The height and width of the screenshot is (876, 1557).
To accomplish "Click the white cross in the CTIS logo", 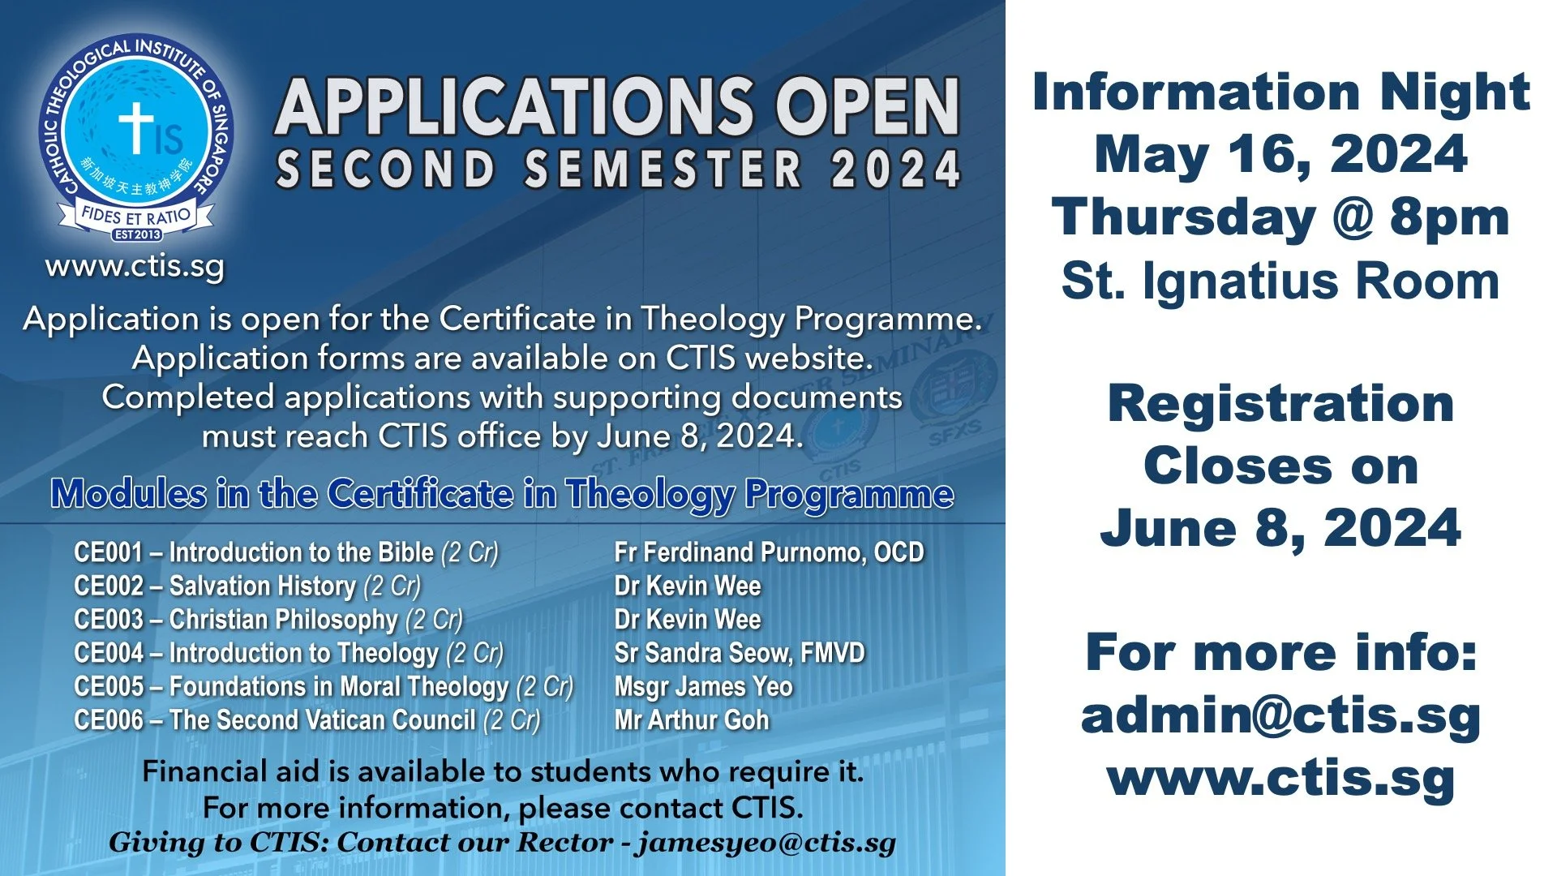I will coord(136,127).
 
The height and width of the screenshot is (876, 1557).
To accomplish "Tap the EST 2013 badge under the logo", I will coord(137,234).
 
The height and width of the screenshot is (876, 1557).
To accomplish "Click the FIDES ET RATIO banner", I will coord(136,216).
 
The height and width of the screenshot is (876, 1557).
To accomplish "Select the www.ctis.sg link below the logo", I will coord(135,267).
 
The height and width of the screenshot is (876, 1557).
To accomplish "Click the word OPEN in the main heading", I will coord(867,108).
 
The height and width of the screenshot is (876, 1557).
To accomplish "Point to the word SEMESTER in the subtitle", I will coord(663,169).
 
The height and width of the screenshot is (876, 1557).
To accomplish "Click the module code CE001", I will coord(109,552).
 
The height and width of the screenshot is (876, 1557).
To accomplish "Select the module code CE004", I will coord(109,653).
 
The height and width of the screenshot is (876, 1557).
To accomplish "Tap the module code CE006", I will coord(109,720).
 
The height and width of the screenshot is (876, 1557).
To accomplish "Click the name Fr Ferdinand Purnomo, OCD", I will coord(769,552).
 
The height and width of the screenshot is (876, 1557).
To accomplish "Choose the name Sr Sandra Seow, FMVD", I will coord(740,653).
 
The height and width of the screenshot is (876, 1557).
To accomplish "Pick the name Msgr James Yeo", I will coord(703,687).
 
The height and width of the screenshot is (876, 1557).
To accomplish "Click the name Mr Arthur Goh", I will coord(692,720).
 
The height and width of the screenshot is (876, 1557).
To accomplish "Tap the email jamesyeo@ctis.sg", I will coord(766,843).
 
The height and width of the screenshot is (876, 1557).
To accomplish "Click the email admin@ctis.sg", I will coord(1280,715).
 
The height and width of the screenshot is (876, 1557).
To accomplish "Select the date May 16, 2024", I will coord(1280,154).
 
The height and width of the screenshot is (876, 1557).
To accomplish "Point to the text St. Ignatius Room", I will coord(1280,281).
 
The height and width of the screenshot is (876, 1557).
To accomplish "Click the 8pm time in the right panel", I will coord(1449,217).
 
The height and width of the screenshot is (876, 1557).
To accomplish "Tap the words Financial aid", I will coord(231,771).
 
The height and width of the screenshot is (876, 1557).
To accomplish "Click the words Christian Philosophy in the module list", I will coord(284,620).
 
